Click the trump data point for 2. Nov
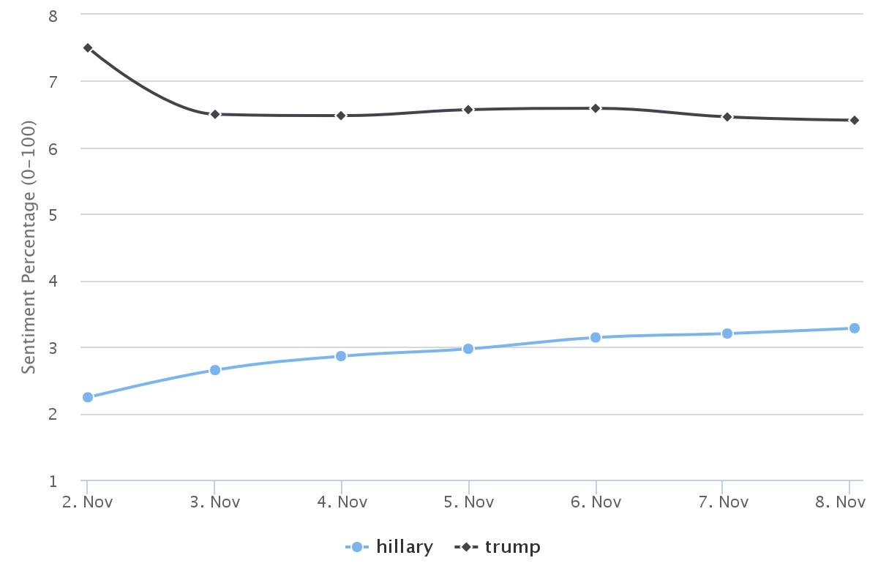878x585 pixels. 88,48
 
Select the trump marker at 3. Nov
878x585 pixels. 215,114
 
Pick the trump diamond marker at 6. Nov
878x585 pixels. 596,108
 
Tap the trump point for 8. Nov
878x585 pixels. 855,121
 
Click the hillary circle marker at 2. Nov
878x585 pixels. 88,397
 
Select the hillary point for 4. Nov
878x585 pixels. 341,356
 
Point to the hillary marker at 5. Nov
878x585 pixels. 468,349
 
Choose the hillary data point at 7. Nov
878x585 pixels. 727,333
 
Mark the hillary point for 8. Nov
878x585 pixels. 855,328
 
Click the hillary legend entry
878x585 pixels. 389,546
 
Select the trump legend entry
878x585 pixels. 498,547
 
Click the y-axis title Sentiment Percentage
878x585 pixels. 29,247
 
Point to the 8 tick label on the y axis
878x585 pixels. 53,17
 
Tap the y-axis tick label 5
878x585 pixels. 53,215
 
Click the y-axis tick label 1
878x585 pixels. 53,481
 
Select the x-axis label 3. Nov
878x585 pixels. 215,502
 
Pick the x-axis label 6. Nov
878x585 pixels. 596,502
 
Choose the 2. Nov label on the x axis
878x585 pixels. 87,502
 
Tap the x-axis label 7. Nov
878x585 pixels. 724,502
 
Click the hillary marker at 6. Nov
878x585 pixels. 596,337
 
